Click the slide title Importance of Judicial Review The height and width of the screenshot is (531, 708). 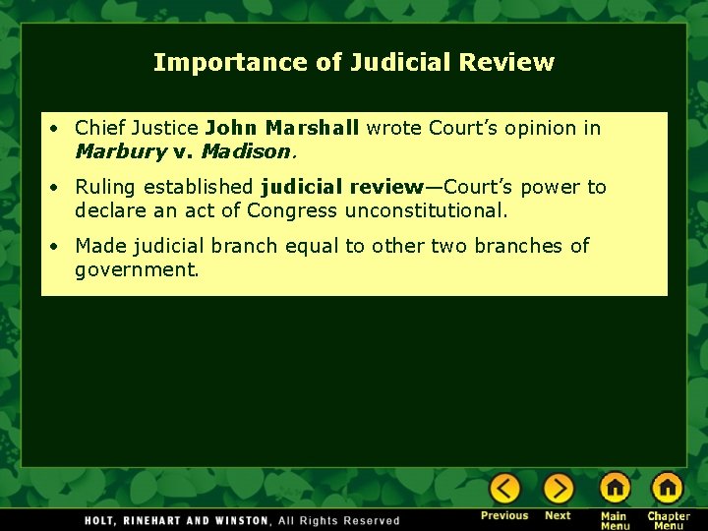(354, 63)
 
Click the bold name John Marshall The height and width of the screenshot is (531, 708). (282, 128)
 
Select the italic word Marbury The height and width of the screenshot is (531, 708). (121, 152)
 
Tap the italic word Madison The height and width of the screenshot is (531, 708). (246, 152)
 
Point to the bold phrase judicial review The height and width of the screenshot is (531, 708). (341, 187)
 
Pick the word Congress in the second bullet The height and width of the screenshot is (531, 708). (292, 210)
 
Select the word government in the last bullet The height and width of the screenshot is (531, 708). (137, 269)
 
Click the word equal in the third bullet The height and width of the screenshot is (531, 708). (312, 246)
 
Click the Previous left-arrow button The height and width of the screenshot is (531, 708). (504, 489)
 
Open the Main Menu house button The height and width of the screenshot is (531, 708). (615, 488)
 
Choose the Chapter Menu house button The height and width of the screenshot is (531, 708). (668, 488)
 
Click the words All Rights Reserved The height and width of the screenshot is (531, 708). (339, 520)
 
